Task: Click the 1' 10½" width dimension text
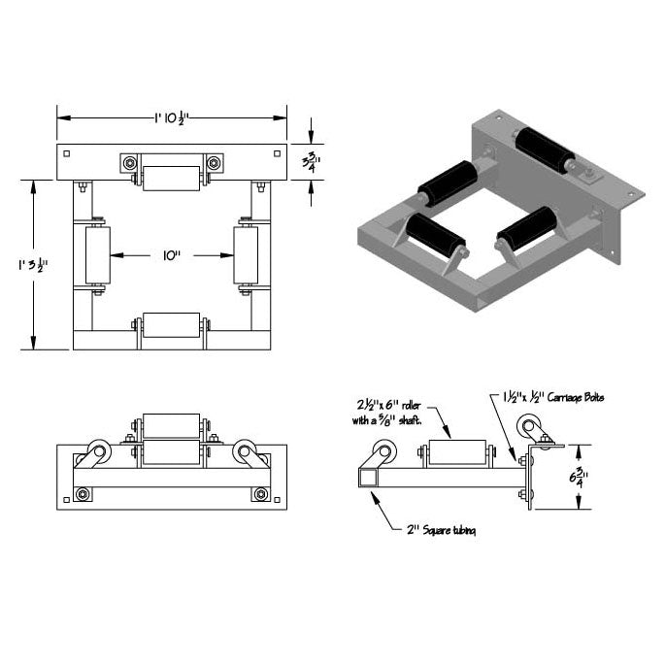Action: [170, 117]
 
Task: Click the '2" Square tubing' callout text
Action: [442, 530]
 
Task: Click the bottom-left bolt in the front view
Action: [83, 495]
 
